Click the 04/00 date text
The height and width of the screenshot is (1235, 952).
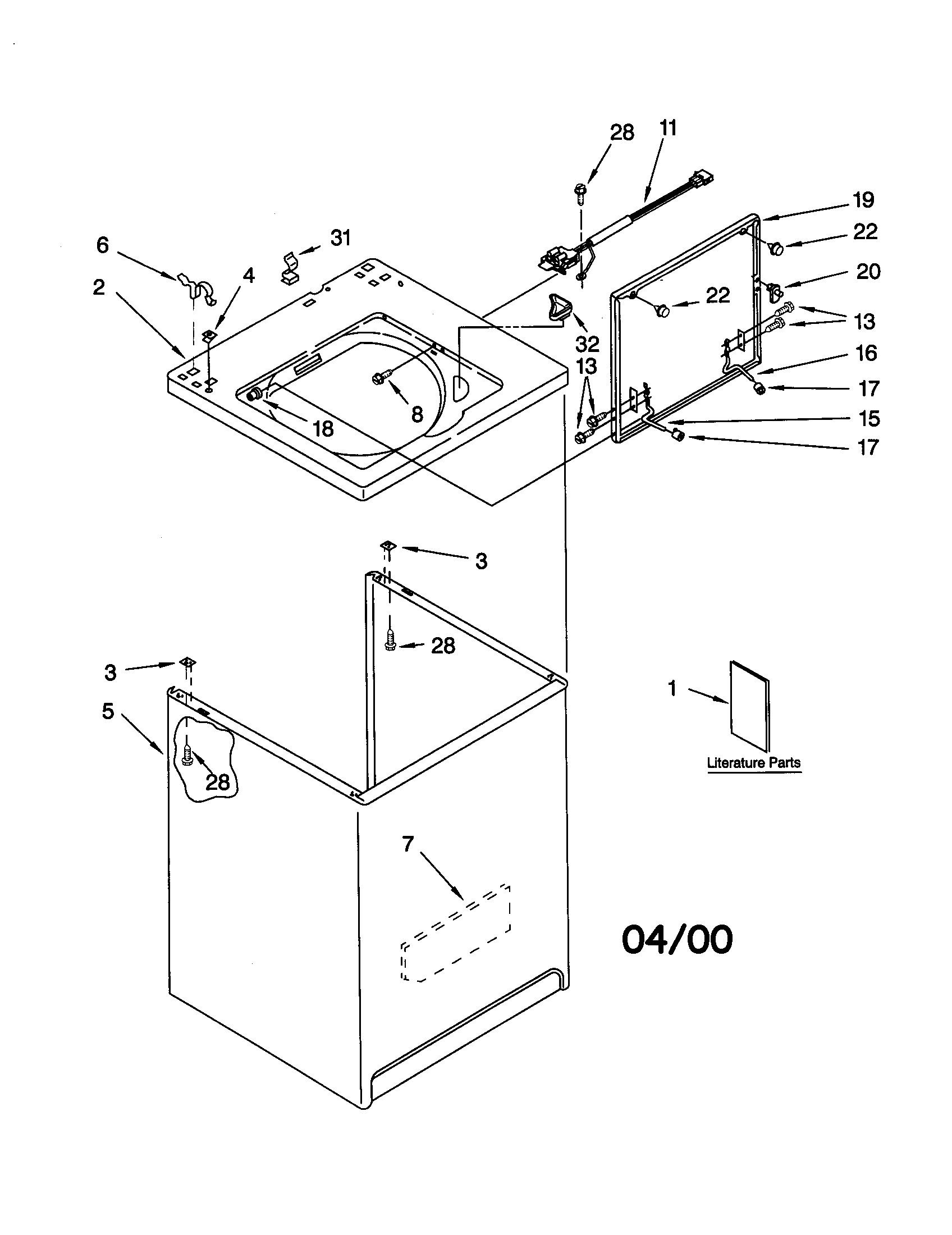click(677, 939)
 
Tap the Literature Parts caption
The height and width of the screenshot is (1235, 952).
click(753, 763)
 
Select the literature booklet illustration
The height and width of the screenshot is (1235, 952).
click(749, 706)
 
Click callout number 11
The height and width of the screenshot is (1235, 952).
click(667, 129)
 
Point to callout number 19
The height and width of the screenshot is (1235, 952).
click(864, 200)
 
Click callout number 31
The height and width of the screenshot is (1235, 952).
click(340, 238)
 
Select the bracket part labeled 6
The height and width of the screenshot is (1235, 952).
click(196, 287)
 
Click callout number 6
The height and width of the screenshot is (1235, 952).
click(102, 245)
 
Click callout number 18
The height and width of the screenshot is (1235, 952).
click(323, 429)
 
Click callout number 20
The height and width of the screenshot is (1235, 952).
click(868, 272)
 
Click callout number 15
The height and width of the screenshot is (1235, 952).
click(869, 418)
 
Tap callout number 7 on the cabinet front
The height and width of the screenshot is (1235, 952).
click(408, 844)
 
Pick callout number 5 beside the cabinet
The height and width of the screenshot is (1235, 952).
click(108, 711)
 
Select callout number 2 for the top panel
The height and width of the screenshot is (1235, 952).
click(99, 287)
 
